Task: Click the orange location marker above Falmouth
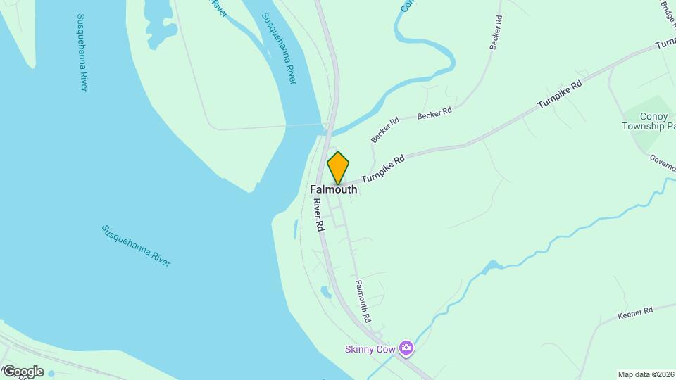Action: point(338,168)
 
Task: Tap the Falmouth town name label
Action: point(334,189)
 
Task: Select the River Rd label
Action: point(318,215)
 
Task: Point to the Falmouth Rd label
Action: point(363,301)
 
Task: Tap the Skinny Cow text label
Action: point(369,348)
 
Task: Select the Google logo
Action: point(23,371)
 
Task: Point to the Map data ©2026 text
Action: point(646,374)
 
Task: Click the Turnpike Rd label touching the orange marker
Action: point(384,170)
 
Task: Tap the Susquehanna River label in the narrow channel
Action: point(279,49)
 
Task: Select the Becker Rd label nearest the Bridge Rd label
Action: point(496,32)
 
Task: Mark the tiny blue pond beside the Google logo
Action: point(51,374)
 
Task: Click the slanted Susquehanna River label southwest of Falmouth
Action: point(136,245)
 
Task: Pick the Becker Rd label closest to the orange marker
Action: point(385,129)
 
